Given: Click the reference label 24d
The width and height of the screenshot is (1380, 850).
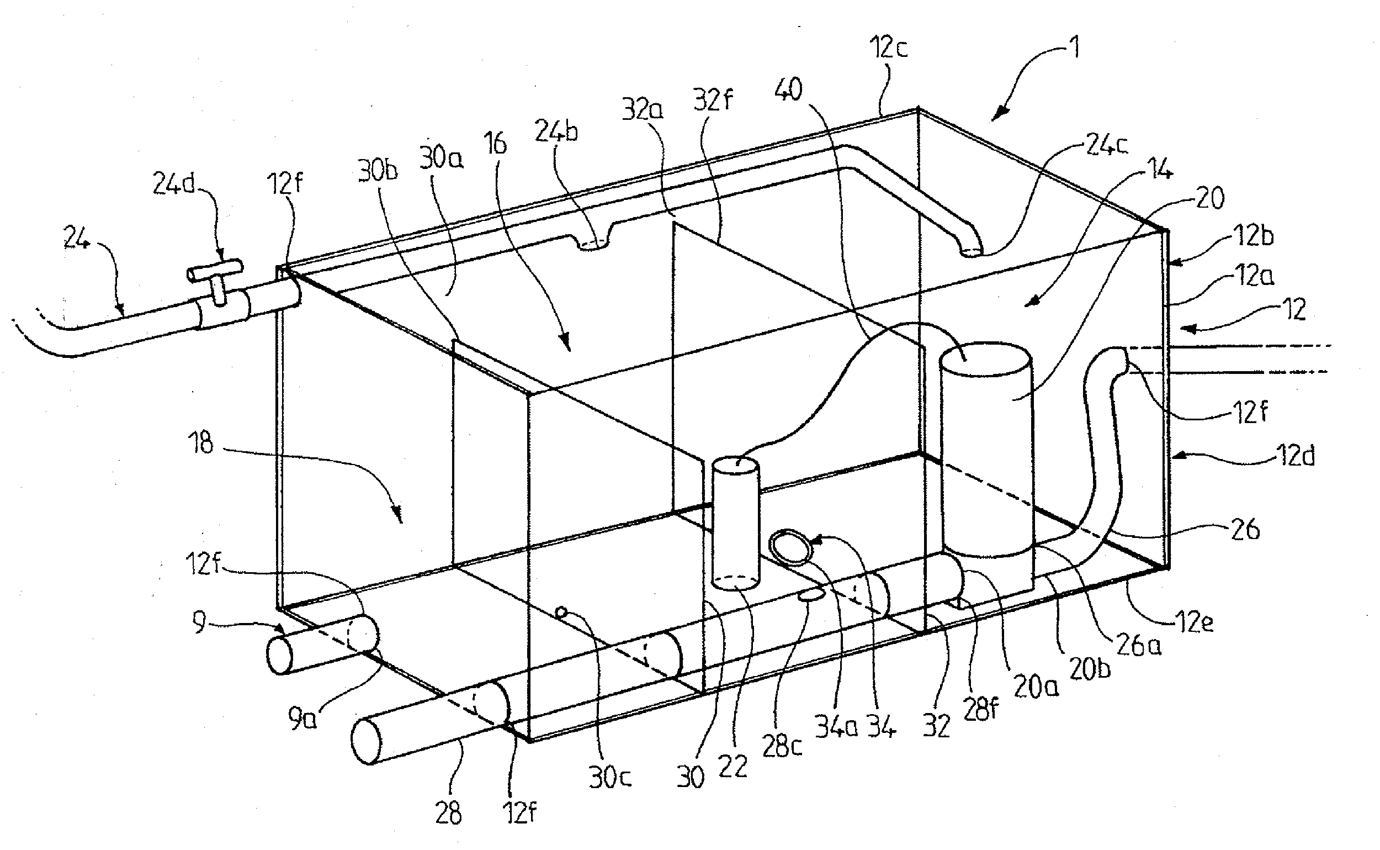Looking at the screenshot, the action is pos(174,183).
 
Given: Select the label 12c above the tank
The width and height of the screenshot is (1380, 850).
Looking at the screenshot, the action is pos(888,47).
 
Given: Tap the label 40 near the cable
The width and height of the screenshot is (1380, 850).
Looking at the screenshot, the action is pos(788,90).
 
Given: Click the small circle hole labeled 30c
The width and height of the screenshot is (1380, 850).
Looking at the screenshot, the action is pos(560,612).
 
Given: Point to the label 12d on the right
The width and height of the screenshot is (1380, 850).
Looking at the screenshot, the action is pos(1297,455).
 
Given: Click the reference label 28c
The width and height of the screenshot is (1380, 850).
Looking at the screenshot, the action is pos(782,746).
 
